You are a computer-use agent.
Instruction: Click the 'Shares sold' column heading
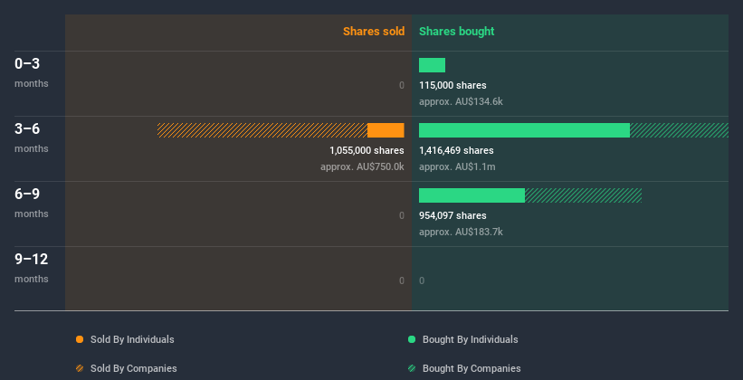373,32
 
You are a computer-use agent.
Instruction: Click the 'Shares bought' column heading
456,32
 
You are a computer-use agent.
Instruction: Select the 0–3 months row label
28,64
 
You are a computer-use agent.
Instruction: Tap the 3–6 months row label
28,129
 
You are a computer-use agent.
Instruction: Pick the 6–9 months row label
28,195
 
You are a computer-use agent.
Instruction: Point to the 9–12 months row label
32,260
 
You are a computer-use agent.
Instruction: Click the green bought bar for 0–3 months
432,65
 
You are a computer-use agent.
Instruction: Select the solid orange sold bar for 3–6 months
386,130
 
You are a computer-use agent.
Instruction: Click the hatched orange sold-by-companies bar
262,130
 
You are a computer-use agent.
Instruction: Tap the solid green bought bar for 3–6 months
524,130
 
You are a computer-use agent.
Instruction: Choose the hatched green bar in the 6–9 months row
583,195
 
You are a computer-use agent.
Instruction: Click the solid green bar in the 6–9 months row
472,195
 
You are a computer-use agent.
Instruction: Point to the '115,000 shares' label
452,85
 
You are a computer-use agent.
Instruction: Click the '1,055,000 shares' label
367,150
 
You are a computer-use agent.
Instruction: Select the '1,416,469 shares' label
456,150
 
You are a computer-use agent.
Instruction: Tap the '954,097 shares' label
452,215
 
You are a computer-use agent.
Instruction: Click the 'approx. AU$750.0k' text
362,166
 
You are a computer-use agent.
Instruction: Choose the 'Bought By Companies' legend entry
472,368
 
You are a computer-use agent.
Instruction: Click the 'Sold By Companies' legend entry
133,368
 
